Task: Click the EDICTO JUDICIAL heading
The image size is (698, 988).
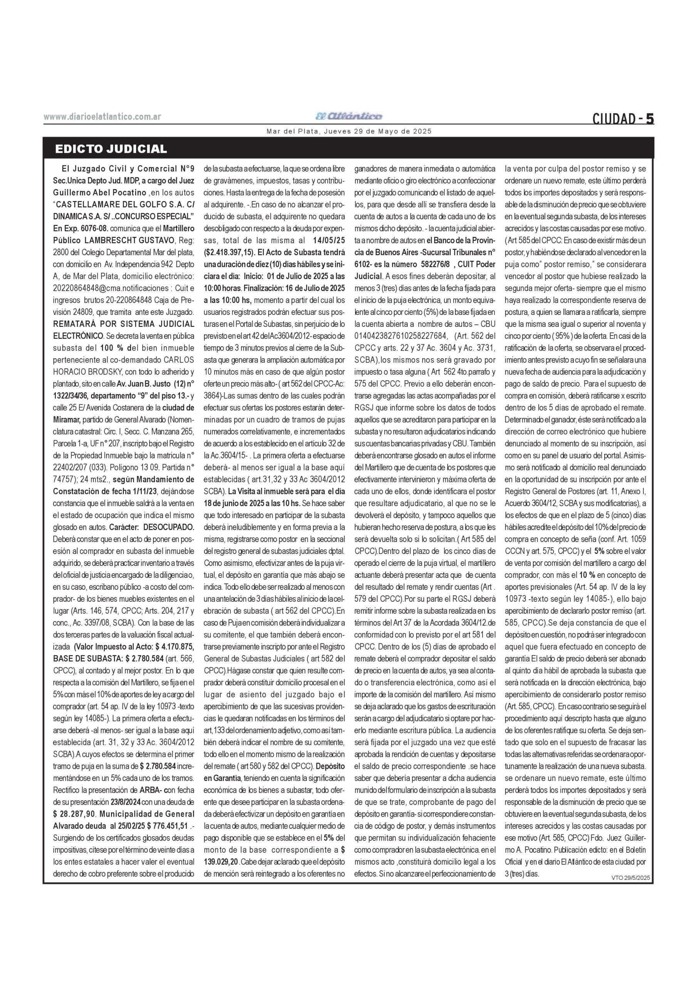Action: pyautogui.click(x=111, y=149)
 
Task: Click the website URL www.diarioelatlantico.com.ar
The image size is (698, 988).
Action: pyautogui.click(x=102, y=117)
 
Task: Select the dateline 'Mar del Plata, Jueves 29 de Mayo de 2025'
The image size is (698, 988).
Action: pyautogui.click(x=349, y=131)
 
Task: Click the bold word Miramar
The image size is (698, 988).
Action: pyautogui.click(x=67, y=420)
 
